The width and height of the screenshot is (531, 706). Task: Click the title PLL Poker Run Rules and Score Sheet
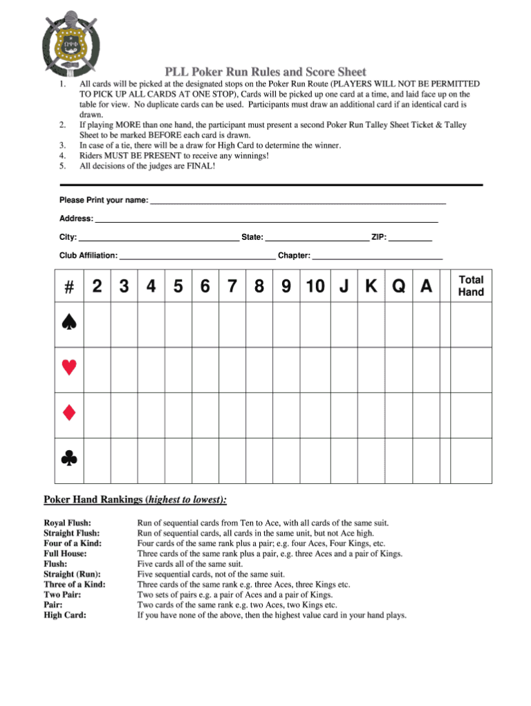265,72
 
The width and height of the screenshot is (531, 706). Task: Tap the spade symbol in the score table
68,324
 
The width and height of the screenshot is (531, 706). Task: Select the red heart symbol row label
68,369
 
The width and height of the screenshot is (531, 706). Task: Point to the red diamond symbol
68,414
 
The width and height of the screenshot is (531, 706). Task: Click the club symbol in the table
68,458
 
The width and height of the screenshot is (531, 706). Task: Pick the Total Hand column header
472,286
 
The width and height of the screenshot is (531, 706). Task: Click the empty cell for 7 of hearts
232,369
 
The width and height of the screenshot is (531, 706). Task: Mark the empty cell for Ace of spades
427,324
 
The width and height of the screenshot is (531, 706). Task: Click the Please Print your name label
104,200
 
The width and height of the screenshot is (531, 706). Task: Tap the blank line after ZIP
410,237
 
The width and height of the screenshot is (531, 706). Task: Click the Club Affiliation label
88,255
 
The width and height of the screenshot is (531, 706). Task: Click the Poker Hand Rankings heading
135,500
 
